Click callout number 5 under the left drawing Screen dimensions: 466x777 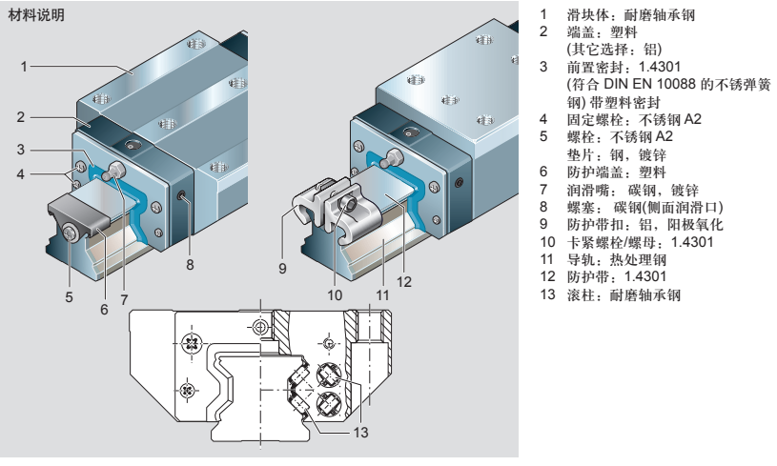click(x=69, y=296)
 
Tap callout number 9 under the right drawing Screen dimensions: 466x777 click(x=282, y=268)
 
